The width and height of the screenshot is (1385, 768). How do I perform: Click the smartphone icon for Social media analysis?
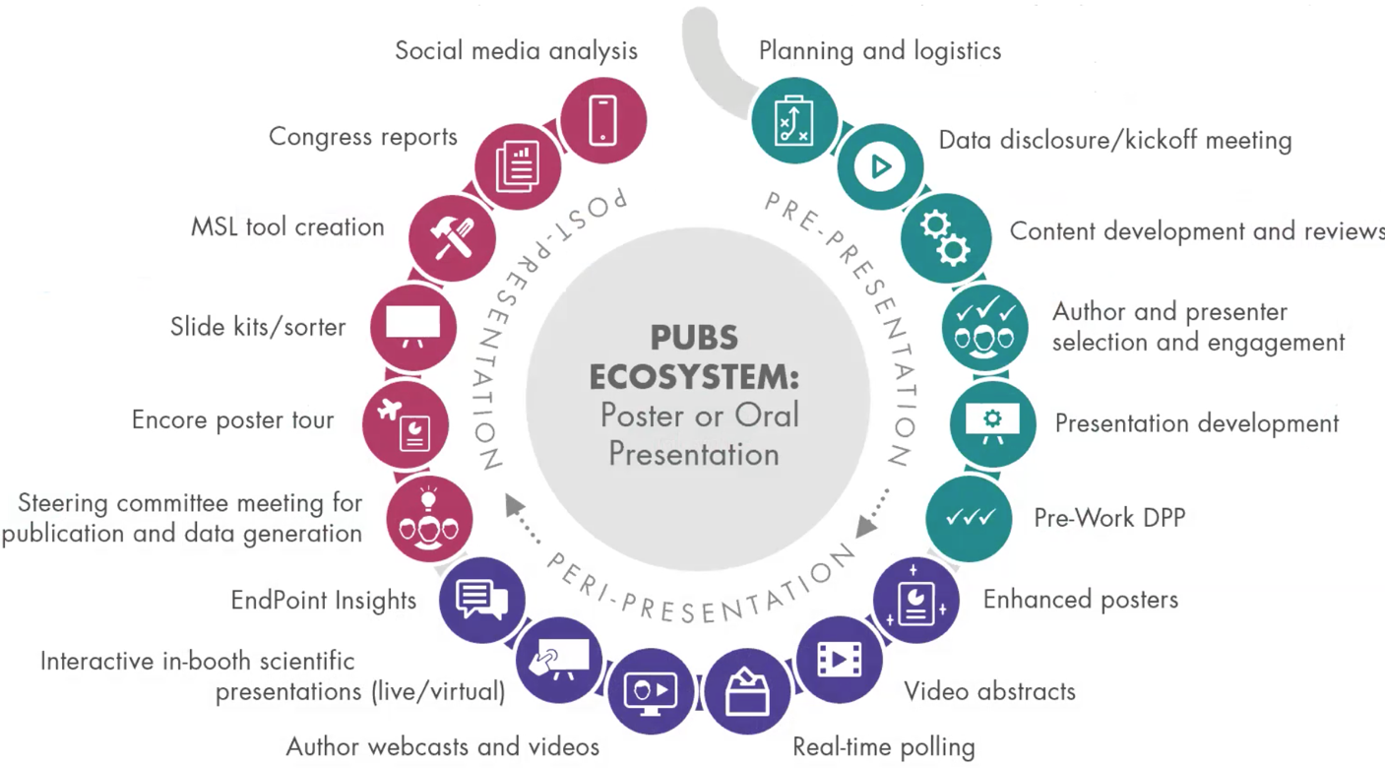[602, 120]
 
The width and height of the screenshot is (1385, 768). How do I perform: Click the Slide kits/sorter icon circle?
[414, 327]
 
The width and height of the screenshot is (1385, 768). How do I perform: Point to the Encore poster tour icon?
[406, 424]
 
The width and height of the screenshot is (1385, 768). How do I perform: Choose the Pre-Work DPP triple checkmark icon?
[970, 518]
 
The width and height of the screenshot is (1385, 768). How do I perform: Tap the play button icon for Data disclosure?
[880, 166]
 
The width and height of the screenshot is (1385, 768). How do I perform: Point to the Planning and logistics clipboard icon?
[794, 122]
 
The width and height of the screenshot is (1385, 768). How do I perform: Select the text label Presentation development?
[1197, 423]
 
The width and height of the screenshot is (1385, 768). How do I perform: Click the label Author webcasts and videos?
[442, 746]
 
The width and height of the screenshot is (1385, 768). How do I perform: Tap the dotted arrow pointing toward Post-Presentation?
[523, 519]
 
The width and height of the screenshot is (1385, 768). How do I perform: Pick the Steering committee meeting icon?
[428, 519]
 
